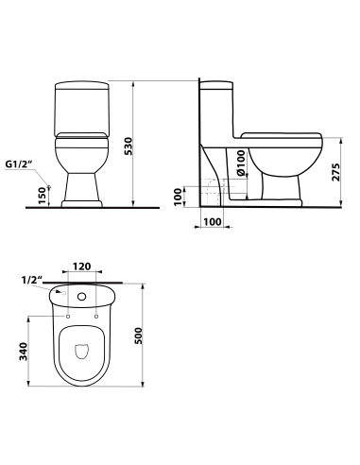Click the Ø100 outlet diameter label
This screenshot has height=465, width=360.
pos(242,164)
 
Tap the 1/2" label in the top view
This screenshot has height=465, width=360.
pos(32,281)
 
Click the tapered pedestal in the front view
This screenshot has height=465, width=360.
pos(81,184)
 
